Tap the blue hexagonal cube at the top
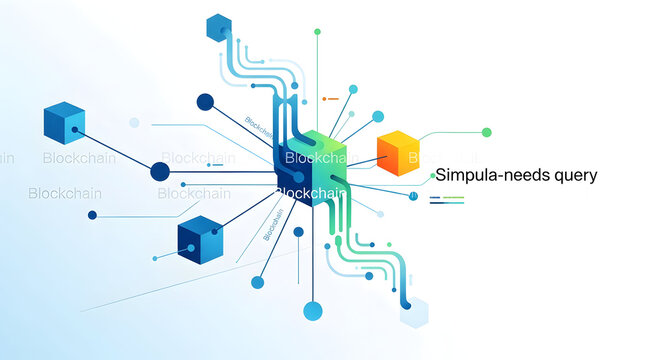click(x=218, y=28)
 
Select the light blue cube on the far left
click(x=65, y=123)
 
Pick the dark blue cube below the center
click(x=199, y=239)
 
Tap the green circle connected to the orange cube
click(x=487, y=132)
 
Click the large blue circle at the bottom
click(x=312, y=310)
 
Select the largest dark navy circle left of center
click(x=160, y=171)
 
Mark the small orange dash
click(x=330, y=98)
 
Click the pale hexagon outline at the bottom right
click(x=414, y=313)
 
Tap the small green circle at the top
click(x=317, y=31)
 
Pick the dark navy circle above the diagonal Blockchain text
click(x=205, y=101)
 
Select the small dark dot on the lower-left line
click(x=92, y=215)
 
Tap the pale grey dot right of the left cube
click(x=134, y=122)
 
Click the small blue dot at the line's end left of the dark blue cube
click(x=156, y=257)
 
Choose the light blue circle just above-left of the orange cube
click(x=378, y=116)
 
